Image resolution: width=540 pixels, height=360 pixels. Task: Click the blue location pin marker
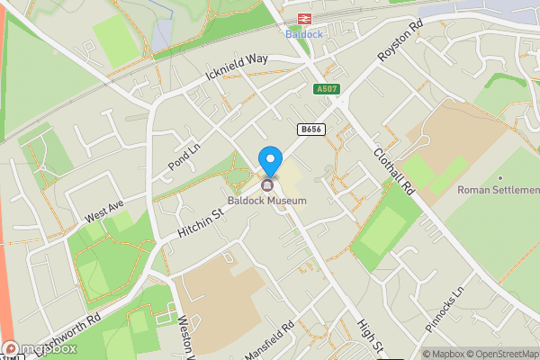pyautogui.click(x=269, y=160)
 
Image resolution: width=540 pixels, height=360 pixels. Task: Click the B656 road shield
pyautogui.click(x=311, y=130)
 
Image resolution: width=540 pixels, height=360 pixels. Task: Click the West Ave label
pyautogui.click(x=103, y=213)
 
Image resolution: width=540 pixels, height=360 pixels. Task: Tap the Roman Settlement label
pyautogui.click(x=498, y=190)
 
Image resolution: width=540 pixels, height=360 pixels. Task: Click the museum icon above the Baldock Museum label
pyautogui.click(x=267, y=185)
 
